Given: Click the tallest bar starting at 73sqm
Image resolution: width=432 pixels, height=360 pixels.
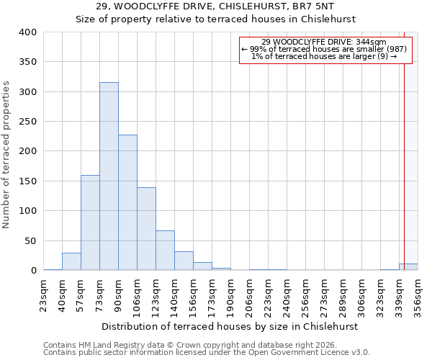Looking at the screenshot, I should point(109,176).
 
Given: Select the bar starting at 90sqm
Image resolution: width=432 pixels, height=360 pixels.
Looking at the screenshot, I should point(127,202).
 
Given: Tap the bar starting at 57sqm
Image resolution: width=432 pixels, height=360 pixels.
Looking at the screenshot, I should point(90,222).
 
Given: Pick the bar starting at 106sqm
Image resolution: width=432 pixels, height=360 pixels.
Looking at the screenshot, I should point(146,229).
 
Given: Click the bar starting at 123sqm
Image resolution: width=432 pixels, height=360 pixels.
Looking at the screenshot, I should point(165,251).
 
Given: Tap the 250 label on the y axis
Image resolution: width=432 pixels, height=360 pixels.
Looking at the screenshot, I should point(28,122).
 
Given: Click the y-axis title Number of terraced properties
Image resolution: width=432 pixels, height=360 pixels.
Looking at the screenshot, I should point(6,154).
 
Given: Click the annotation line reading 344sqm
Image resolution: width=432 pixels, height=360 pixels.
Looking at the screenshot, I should point(324,42).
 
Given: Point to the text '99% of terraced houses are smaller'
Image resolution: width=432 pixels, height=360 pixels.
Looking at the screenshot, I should point(324,49).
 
